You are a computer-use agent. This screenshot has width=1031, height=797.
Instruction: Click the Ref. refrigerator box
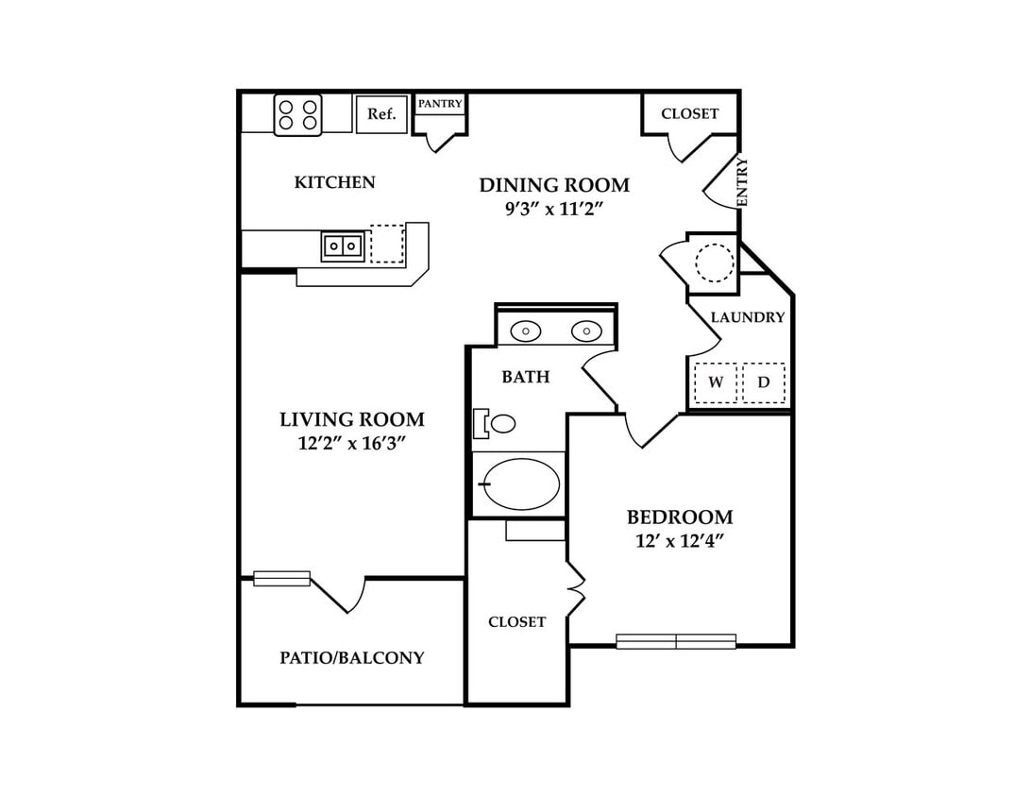click(381, 114)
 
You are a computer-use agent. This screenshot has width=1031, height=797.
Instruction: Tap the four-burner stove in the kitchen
click(297, 115)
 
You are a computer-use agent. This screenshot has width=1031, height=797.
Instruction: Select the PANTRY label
click(440, 104)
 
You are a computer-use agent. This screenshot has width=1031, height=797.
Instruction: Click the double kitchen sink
click(343, 246)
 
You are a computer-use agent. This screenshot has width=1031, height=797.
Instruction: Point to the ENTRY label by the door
click(742, 181)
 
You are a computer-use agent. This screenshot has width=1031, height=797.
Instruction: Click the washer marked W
click(716, 382)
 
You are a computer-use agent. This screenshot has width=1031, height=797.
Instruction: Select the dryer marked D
click(764, 382)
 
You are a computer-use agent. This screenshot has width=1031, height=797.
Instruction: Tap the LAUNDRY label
click(748, 317)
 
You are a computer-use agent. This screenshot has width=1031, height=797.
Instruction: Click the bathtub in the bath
click(521, 484)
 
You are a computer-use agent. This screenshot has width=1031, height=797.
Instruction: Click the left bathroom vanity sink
click(525, 331)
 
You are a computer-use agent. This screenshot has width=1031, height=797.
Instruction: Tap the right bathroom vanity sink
click(586, 331)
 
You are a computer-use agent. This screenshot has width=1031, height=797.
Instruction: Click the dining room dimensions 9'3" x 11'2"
click(554, 209)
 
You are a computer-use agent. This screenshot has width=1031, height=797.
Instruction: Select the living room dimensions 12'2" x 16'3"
click(351, 443)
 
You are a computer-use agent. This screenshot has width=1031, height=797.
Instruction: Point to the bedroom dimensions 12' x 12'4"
click(680, 541)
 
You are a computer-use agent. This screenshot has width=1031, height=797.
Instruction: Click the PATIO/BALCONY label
click(352, 657)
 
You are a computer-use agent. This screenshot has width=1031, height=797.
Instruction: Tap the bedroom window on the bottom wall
click(676, 641)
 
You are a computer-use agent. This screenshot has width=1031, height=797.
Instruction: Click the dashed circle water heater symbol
click(714, 263)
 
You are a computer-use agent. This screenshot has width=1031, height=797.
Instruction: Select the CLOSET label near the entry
click(690, 113)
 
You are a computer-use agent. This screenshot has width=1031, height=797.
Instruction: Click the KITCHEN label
click(334, 182)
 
